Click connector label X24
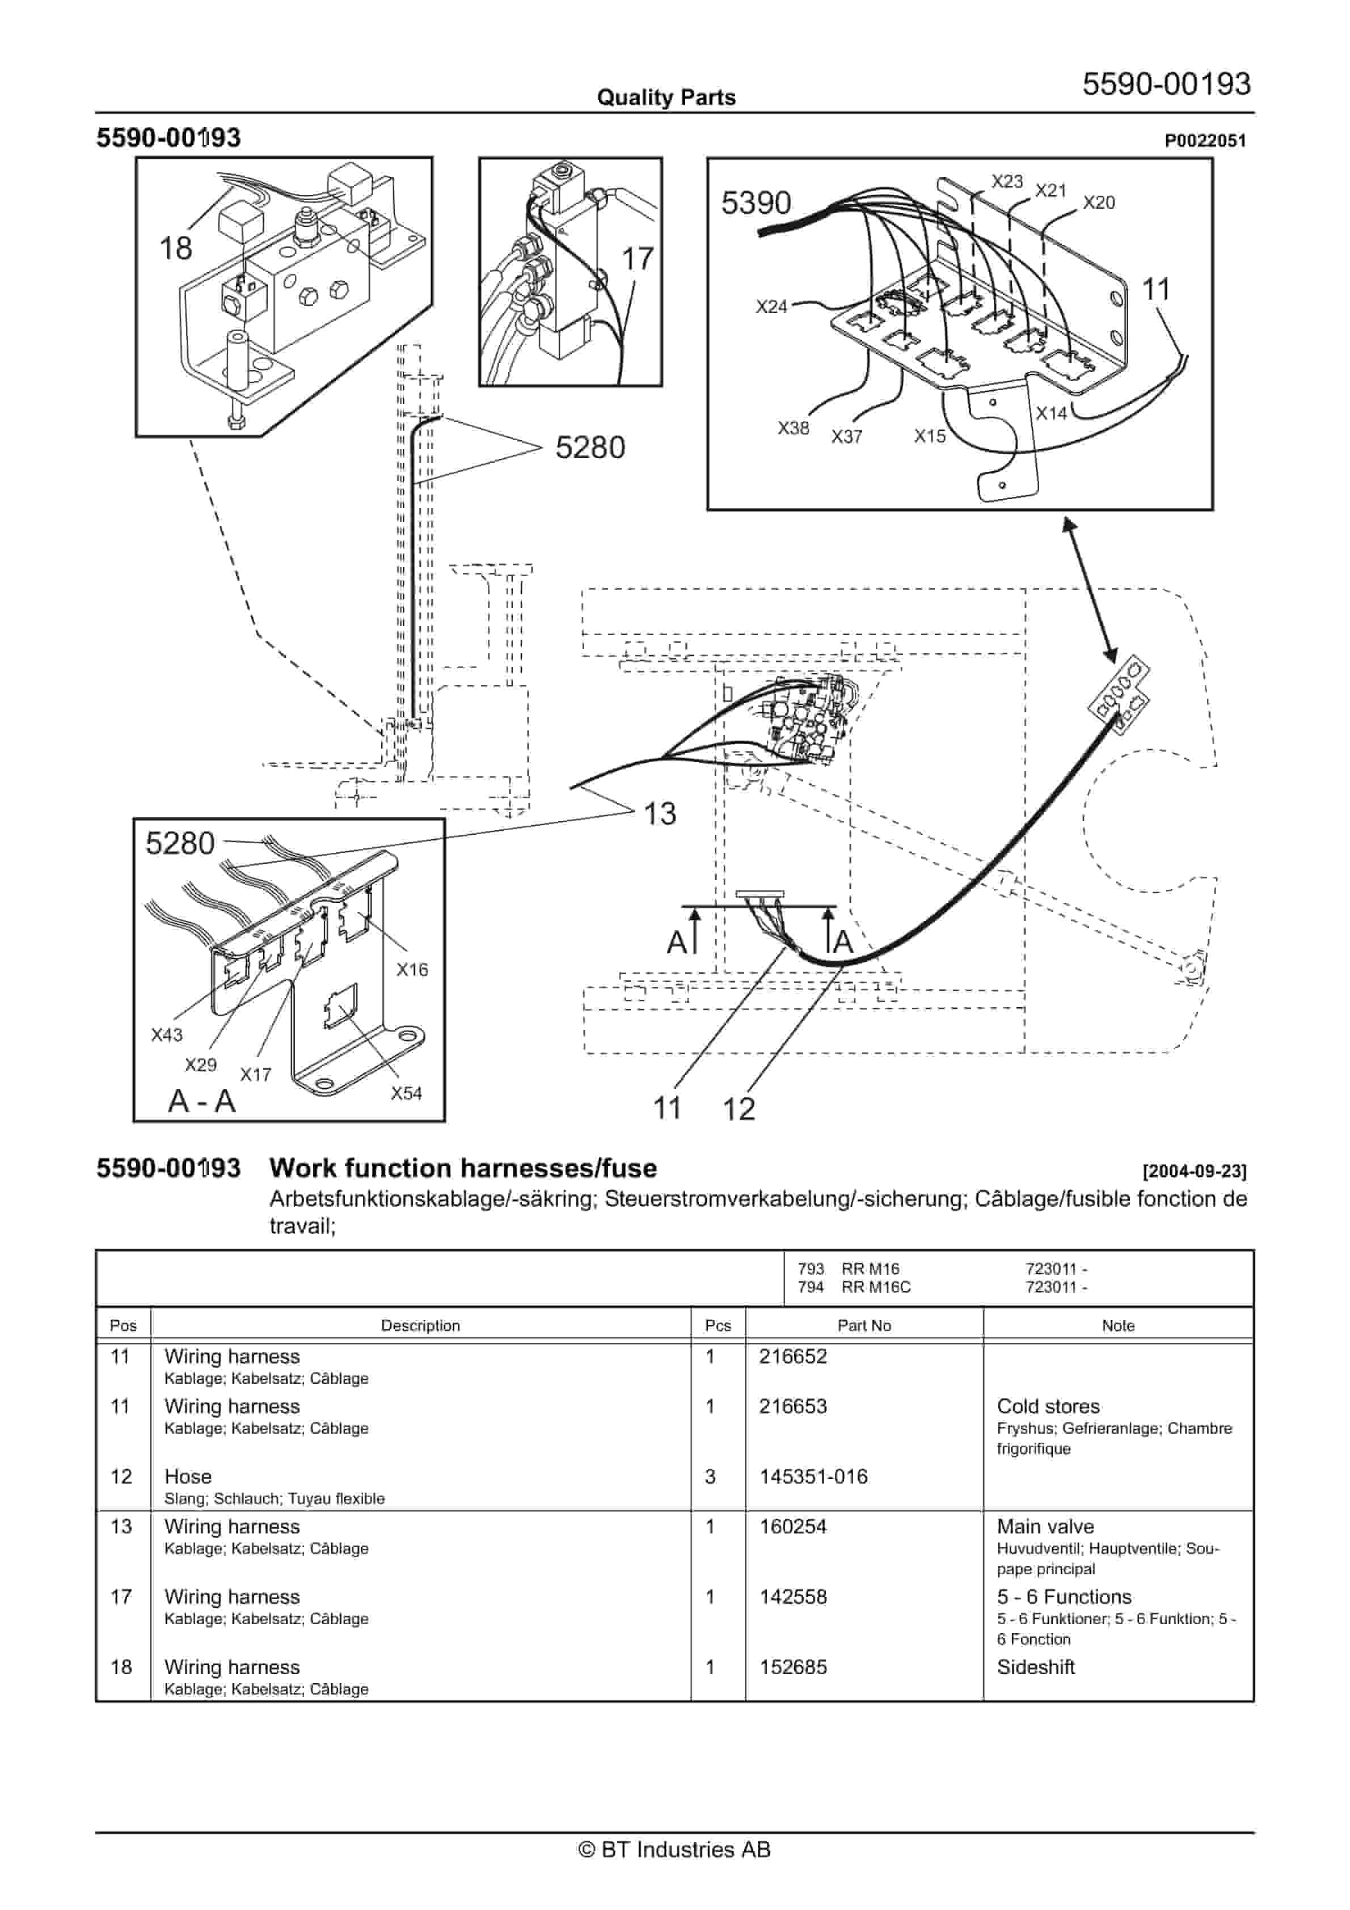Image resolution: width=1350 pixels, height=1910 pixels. coord(771,306)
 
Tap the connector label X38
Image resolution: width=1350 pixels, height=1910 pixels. coord(793,428)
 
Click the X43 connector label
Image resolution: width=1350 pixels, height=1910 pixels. coord(166,1035)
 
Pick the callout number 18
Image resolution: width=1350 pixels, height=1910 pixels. coord(176,248)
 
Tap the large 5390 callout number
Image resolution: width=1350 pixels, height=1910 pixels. coord(756,203)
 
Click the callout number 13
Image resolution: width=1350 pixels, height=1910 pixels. coord(660,814)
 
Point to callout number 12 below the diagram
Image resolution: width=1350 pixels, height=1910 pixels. coord(739,1109)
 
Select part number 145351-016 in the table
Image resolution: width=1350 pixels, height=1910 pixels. coord(813,1477)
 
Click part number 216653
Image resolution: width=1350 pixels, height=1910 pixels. coord(792,1406)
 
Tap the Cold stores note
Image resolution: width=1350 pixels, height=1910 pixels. coord(1048,1406)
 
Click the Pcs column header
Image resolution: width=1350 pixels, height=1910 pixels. coord(718,1325)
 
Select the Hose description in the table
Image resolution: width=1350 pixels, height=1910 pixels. coord(188,1477)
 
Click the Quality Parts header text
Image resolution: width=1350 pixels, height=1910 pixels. coord(666,98)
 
